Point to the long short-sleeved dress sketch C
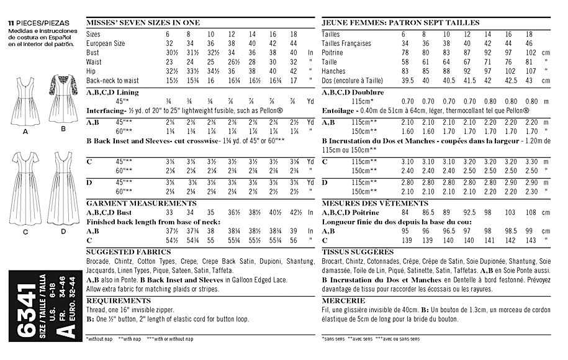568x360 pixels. [26, 192]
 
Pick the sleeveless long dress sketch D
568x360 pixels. [63, 192]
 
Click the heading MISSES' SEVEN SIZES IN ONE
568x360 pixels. [143, 22]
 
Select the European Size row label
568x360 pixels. [106, 43]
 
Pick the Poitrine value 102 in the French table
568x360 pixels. [530, 53]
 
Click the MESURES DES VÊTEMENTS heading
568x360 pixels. [366, 203]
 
